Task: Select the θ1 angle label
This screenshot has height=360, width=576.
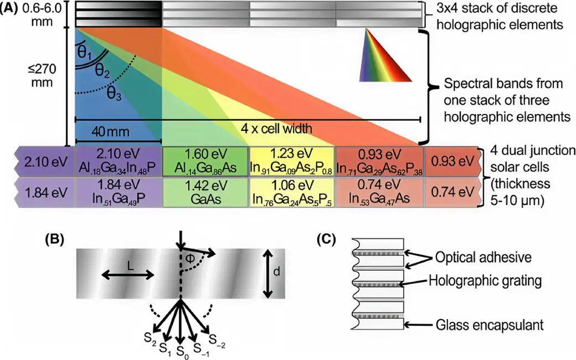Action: (85, 52)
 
